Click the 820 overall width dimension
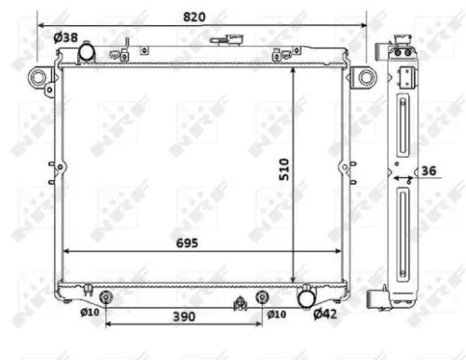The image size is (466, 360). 193,18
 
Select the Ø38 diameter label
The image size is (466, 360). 65,37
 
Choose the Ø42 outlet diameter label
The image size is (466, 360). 324,314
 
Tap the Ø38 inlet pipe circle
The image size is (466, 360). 86,52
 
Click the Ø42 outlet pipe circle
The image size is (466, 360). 305,297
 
